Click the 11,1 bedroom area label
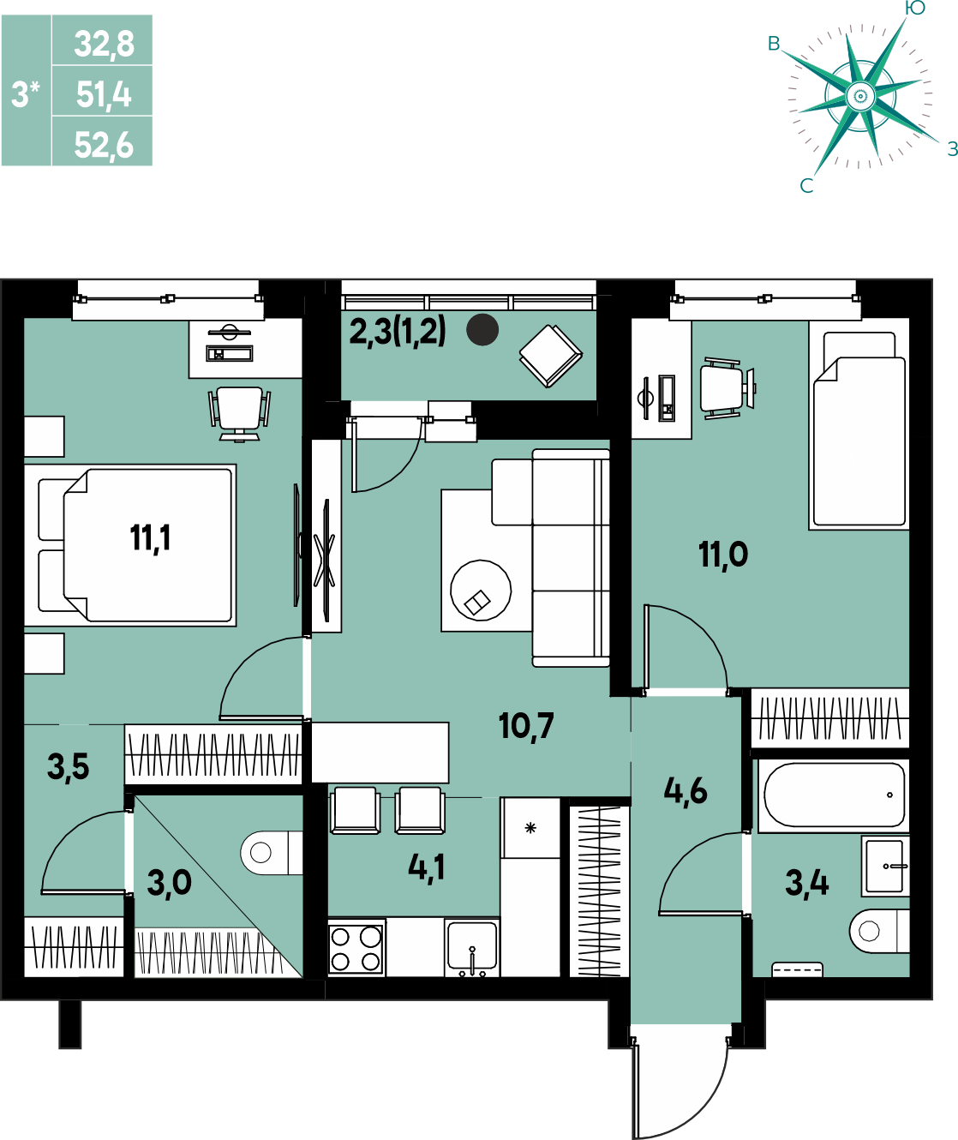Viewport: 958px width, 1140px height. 150,538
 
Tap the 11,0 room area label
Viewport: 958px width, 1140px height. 723,555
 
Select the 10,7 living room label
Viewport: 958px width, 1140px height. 526,726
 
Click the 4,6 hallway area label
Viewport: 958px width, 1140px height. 686,791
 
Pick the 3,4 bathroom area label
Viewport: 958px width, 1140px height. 807,884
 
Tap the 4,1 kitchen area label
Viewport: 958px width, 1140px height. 427,867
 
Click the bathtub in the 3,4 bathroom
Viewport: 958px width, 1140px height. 834,795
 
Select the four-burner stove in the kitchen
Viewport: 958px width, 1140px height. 356,948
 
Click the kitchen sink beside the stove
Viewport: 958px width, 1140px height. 472,948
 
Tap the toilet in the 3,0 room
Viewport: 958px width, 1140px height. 272,853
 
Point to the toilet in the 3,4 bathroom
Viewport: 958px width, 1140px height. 879,931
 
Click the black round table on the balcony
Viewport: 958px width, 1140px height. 482,330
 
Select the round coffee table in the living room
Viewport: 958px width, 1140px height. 481,591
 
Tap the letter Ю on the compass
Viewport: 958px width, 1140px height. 915,8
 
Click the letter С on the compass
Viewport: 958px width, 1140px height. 807,186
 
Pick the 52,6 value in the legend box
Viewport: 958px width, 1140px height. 104,146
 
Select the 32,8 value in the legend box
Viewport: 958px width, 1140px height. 105,44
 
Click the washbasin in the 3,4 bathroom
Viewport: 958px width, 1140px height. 885,866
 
